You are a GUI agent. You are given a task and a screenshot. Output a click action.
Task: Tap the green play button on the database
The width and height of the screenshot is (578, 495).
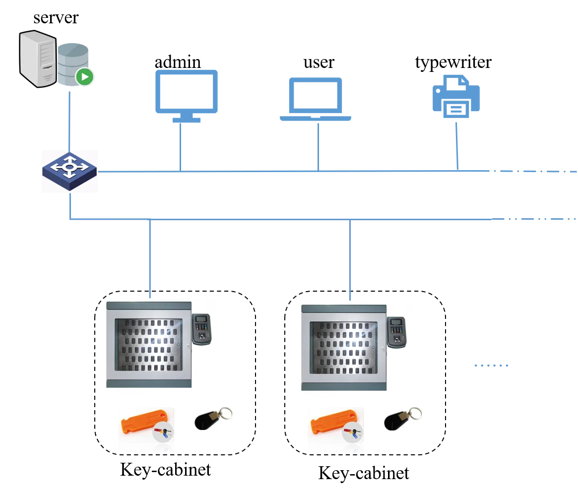click(85, 77)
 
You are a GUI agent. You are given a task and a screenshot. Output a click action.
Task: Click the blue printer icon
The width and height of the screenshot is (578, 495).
click(455, 97)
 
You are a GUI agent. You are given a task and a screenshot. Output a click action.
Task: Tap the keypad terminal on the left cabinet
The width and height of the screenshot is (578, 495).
click(201, 329)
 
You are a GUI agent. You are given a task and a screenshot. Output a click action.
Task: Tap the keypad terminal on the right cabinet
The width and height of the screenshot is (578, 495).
click(396, 332)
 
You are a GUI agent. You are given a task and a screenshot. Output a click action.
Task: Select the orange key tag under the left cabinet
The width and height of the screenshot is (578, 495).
click(142, 424)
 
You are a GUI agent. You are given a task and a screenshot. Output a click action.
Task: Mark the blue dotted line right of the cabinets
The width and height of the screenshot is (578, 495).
click(490, 366)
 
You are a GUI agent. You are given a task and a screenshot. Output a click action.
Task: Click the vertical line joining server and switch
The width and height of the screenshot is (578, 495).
click(69, 119)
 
